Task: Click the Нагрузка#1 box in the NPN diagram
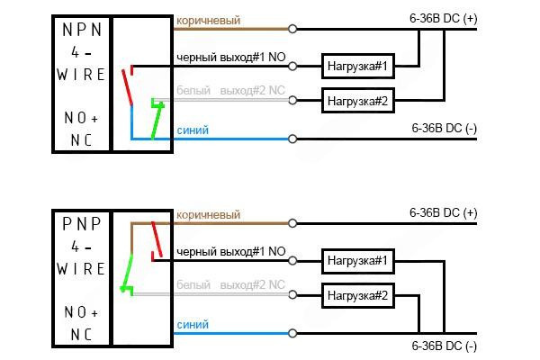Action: pos(356,66)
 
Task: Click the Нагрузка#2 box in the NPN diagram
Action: pos(356,101)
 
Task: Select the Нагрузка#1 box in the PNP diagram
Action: pos(356,261)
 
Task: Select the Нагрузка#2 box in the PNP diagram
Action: pos(356,295)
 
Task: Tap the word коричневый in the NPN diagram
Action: pos(208,20)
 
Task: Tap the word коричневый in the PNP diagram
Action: pos(208,215)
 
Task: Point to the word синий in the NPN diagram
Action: pos(193,130)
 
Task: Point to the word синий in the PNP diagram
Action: pos(193,325)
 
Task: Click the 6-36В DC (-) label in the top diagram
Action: pos(443,129)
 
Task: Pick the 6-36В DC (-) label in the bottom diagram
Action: pos(443,346)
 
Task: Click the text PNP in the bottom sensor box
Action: pos(82,221)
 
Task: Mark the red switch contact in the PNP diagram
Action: pos(157,238)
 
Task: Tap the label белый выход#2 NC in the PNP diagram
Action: pos(230,286)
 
